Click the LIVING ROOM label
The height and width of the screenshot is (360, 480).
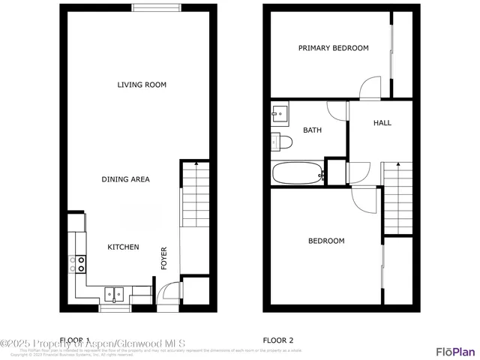point(142,85)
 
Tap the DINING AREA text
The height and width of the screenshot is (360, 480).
point(126,179)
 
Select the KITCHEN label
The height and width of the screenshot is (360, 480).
point(123,247)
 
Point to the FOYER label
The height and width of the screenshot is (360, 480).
point(163,257)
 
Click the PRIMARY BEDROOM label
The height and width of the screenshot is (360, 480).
point(333,48)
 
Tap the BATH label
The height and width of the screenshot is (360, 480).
point(312,130)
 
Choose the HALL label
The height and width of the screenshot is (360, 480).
point(382,123)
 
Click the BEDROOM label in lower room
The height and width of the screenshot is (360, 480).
point(326,241)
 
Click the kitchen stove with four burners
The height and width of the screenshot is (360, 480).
point(77,263)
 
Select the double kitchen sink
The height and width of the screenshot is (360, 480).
point(115,293)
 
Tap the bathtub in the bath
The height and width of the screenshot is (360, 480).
point(298,173)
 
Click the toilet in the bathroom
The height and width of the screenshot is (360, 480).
point(281,141)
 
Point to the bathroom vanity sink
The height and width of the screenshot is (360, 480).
point(279,114)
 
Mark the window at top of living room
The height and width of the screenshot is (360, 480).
point(157,9)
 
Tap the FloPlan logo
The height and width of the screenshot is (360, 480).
point(455,350)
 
